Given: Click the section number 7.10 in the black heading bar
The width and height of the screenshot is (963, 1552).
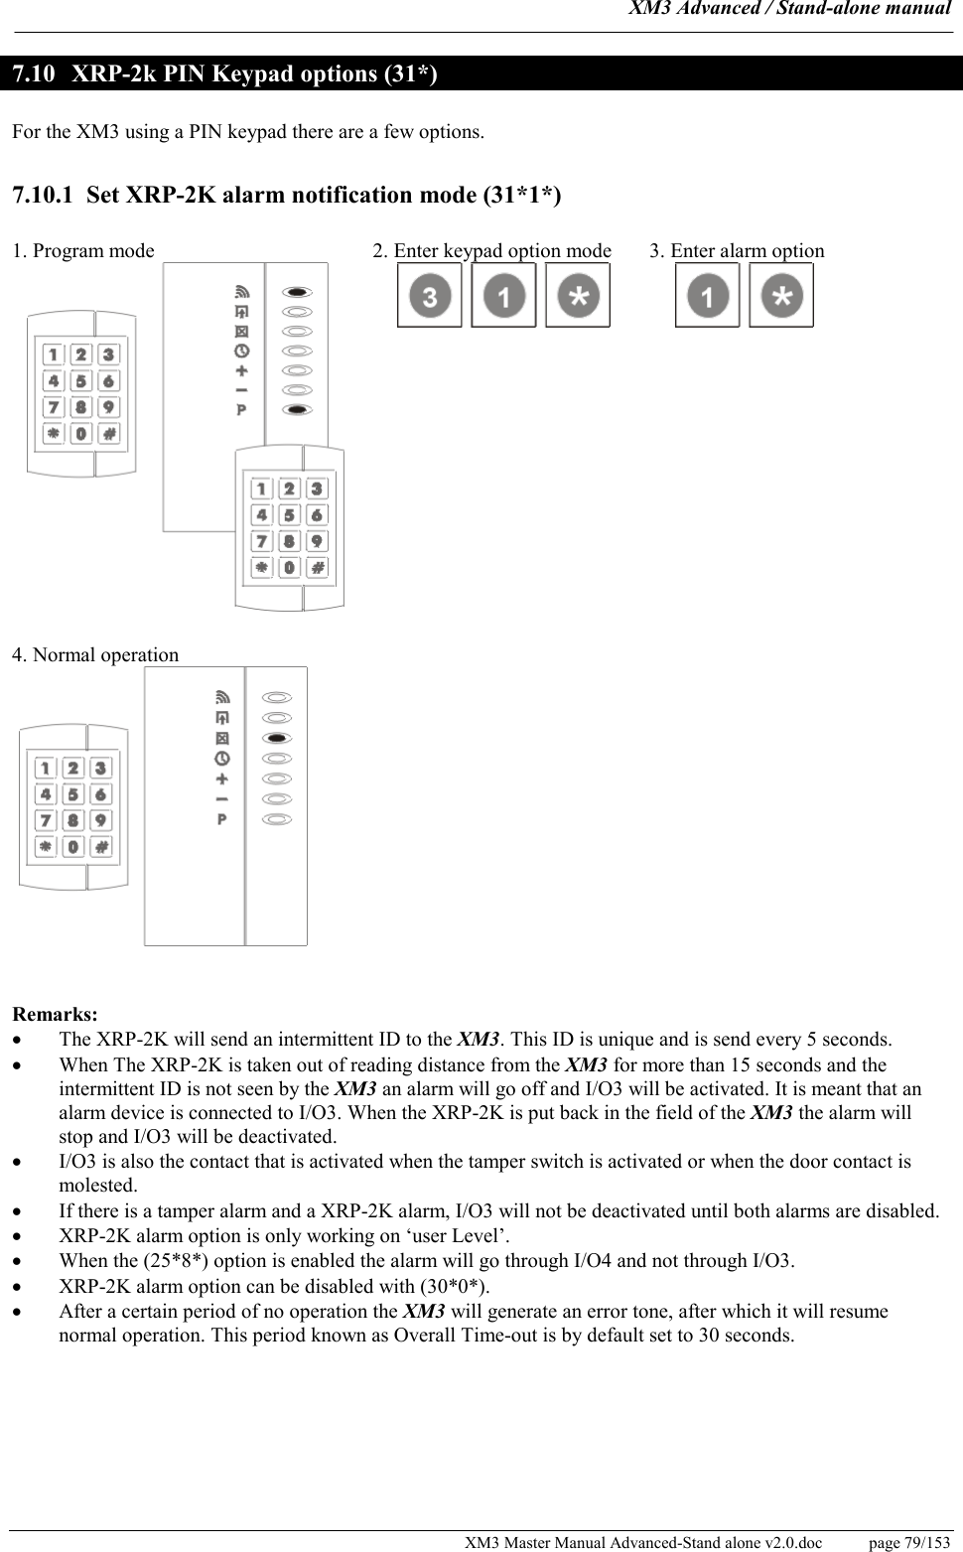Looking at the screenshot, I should coord(33,74).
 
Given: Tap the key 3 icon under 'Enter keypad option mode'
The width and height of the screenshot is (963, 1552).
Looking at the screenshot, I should coord(429,296).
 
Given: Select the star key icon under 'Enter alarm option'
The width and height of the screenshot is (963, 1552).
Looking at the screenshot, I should coord(781,296).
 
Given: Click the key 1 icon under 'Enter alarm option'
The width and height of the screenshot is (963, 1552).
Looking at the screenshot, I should coord(707,296).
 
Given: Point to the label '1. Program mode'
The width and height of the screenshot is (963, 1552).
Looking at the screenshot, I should coord(83,251).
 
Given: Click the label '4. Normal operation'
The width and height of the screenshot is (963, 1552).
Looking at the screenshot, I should coord(95,655).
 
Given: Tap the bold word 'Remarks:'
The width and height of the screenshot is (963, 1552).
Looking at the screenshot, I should coord(55,1015).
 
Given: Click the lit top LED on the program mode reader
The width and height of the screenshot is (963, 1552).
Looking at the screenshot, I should coord(298,292).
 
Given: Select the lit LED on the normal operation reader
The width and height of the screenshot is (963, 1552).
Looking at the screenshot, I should coord(279,738).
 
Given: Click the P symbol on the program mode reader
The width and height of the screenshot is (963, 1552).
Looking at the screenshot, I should coord(241,410).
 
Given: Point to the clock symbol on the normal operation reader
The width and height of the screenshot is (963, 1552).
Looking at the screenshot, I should coord(221,758).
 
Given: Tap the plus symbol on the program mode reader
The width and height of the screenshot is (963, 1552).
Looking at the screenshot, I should coord(241,370).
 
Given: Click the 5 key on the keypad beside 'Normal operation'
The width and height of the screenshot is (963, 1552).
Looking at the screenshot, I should coord(73,794).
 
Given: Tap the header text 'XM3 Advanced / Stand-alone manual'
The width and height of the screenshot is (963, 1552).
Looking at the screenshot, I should coord(790,9).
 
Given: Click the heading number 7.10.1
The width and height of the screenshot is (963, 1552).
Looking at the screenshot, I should coord(43,195).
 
